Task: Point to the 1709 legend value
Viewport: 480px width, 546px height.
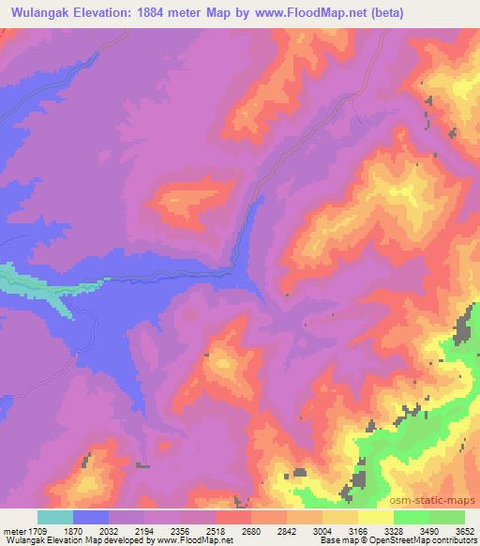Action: coord(35,530)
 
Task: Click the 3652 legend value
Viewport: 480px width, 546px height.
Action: coord(463,530)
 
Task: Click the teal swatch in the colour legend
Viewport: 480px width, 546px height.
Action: coord(55,517)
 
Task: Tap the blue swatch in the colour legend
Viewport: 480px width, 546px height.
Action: coord(91,517)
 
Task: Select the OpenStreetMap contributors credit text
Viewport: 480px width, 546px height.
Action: coord(420,540)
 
